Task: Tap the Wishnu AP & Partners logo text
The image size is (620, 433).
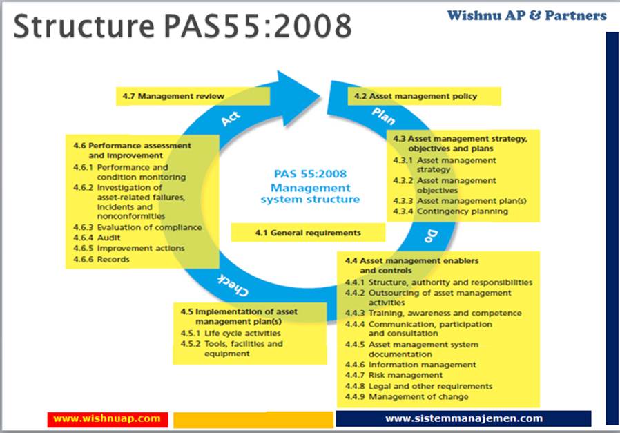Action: [x=527, y=15]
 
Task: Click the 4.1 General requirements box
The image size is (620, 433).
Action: [x=307, y=233]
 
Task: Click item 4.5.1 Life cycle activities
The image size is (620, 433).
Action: [x=226, y=333]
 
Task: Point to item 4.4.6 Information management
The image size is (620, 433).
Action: [x=411, y=365]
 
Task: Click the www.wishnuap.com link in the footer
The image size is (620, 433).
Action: [x=107, y=418]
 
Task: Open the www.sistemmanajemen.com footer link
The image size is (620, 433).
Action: [x=463, y=418]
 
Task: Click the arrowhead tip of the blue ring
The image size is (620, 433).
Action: [x=319, y=88]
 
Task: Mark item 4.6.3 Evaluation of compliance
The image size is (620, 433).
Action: [x=137, y=227]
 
